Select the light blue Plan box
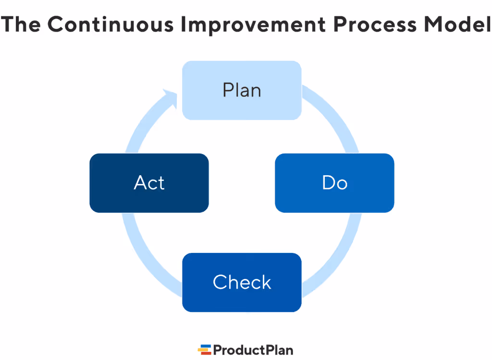click(242, 90)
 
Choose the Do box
click(334, 183)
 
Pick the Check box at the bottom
click(242, 282)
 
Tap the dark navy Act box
click(149, 183)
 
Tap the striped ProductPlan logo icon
click(204, 349)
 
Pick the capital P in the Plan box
click(228, 90)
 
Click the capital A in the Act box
click(140, 183)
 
